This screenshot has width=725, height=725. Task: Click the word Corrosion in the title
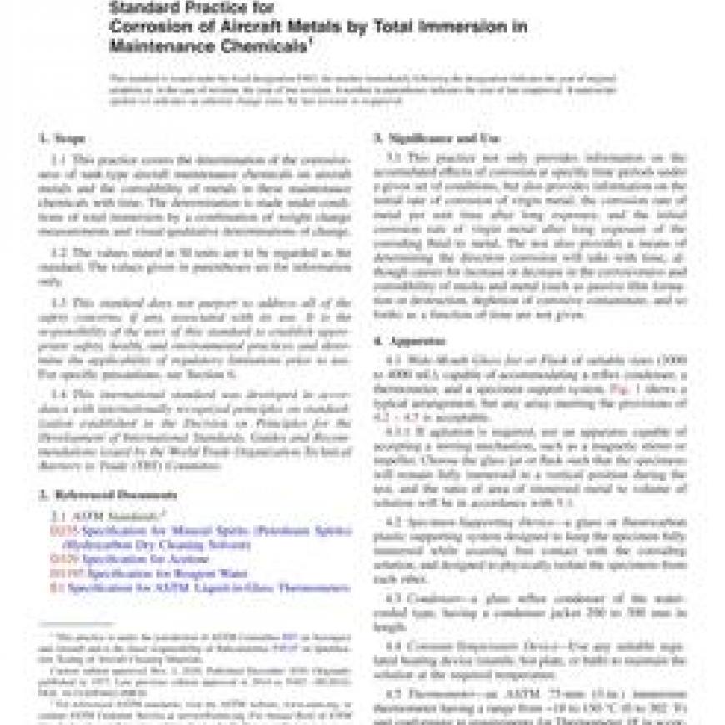click(x=147, y=27)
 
